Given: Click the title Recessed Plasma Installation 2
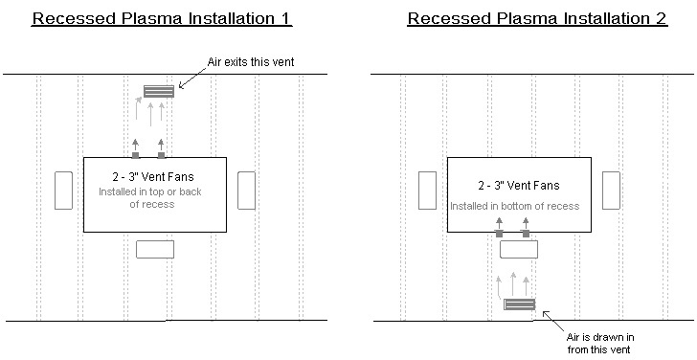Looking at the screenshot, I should click(536, 18).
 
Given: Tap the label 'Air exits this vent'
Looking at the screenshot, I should click(250, 63).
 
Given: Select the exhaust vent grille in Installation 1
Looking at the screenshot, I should click(158, 92).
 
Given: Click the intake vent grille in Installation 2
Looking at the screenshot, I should click(519, 305).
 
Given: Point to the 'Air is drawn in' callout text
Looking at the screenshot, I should click(602, 341).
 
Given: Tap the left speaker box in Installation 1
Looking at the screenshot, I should click(64, 190).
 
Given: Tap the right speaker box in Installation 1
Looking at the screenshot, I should click(246, 190).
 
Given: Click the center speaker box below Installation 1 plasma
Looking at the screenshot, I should click(155, 249).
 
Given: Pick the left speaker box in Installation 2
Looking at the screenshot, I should click(428, 190).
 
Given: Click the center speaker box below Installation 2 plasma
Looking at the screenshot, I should click(519, 249).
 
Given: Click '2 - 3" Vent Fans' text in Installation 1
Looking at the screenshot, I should click(155, 178).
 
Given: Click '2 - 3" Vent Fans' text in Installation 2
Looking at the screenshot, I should click(519, 185).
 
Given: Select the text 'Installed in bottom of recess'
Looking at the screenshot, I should click(515, 205).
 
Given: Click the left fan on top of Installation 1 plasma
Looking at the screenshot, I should click(136, 154).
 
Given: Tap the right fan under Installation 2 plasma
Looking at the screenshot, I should click(526, 233).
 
